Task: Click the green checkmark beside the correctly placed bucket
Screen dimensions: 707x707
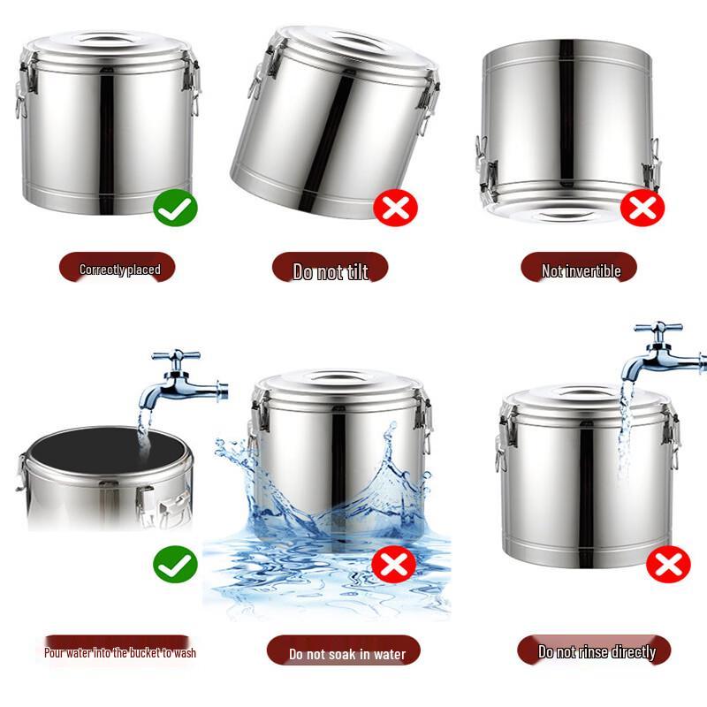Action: [x=175, y=209]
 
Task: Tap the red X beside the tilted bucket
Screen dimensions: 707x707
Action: [x=395, y=209]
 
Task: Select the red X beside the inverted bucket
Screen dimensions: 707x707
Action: [x=642, y=209]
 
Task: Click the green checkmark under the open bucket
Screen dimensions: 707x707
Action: [x=175, y=564]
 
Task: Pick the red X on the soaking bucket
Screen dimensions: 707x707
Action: [x=393, y=564]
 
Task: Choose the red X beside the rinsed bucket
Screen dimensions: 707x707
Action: [x=668, y=564]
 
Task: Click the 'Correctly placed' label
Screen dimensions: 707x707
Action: [x=118, y=269]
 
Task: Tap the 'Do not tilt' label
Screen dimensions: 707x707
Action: [x=330, y=271]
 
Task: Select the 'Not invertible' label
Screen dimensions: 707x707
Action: [x=581, y=270]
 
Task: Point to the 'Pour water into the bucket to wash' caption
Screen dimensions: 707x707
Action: [x=120, y=653]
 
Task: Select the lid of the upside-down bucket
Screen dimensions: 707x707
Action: [x=566, y=210]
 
